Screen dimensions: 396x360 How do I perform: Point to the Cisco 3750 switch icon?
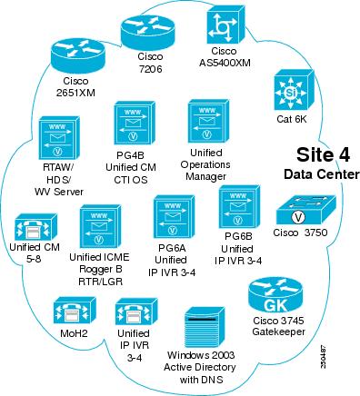click(300, 214)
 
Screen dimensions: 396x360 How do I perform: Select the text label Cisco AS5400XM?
click(231, 57)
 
